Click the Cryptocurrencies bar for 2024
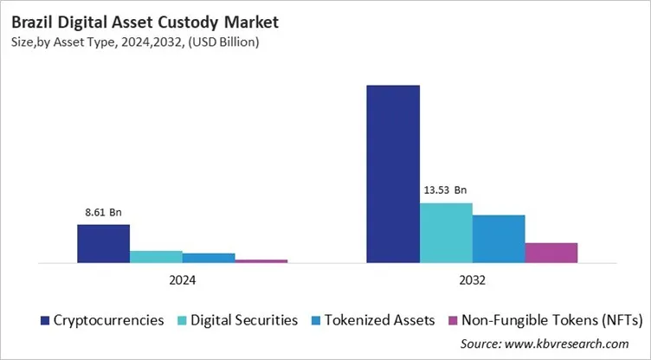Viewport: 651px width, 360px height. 103,243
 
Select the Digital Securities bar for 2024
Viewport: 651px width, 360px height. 156,256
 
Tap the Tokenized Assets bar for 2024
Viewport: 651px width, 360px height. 209,258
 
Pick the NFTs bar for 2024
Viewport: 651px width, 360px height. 261,260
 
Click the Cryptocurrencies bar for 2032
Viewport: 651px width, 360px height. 393,174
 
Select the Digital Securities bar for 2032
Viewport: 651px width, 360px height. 446,233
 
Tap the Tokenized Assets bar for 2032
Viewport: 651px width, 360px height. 499,239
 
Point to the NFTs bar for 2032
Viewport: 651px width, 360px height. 551,253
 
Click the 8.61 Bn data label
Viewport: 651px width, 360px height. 102,210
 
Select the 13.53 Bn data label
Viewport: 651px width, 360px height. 445,190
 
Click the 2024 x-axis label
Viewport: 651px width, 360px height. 182,280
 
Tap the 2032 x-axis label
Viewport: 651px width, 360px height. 472,280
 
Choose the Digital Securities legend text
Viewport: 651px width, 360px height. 242,320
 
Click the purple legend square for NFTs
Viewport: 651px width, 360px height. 450,320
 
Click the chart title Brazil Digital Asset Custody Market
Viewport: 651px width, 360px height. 127,19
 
